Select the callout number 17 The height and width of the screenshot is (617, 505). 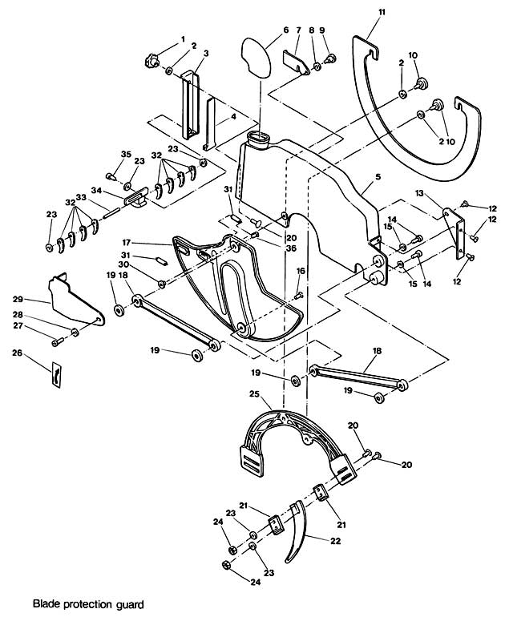pyautogui.click(x=150, y=243)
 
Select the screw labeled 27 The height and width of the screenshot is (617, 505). pyautogui.click(x=57, y=343)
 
